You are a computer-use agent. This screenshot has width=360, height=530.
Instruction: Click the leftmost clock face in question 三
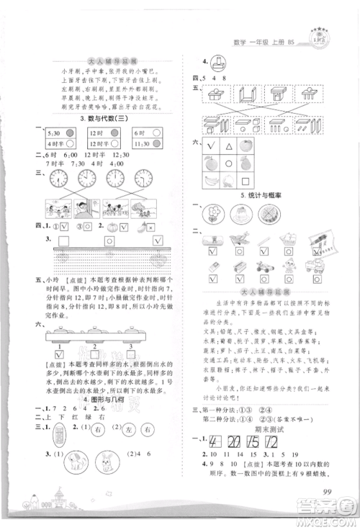coord(60,179)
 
